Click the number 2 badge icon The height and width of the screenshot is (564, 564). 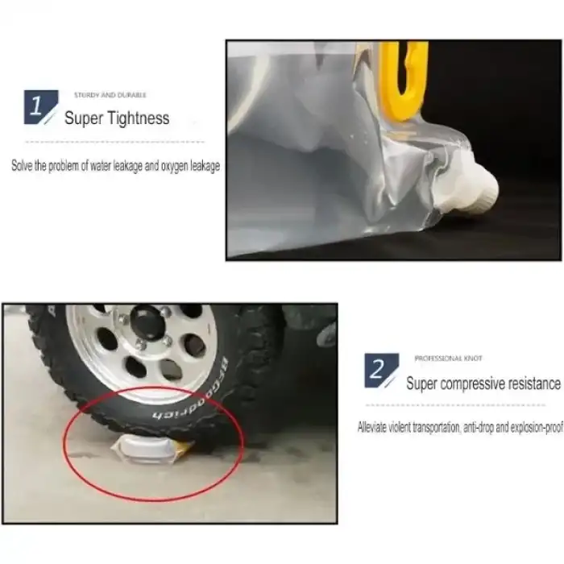point(380,370)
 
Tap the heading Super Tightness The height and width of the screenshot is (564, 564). point(117,118)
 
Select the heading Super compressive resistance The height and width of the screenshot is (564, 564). point(483,384)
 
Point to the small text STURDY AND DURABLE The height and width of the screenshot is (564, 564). point(110,95)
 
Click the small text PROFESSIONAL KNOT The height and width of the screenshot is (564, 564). point(449,358)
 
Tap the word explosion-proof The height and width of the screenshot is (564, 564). point(534,428)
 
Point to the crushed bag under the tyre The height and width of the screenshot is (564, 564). point(144,447)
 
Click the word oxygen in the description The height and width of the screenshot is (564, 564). point(174,167)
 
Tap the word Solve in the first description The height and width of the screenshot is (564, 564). point(20,167)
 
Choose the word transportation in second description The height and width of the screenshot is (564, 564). point(430,428)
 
